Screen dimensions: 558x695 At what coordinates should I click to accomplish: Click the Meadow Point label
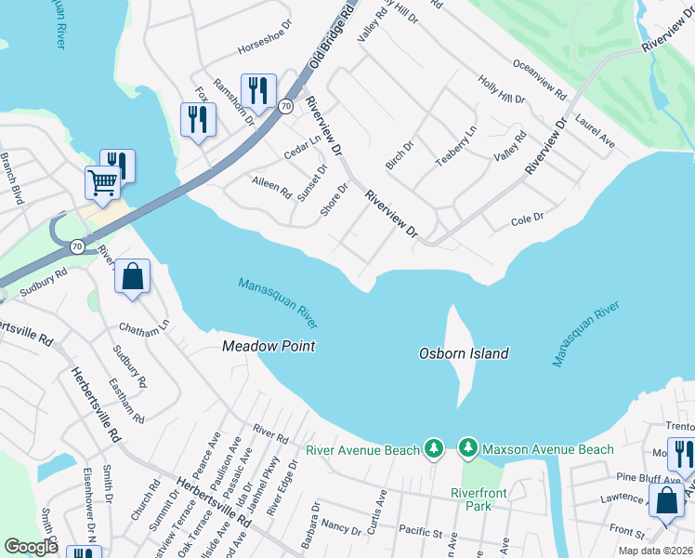tap(269, 346)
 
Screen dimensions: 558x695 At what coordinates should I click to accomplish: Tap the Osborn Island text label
tap(464, 353)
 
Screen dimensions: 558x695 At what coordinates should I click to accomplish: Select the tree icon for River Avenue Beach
tap(433, 449)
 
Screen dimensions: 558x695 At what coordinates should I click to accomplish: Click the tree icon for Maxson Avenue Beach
tap(468, 449)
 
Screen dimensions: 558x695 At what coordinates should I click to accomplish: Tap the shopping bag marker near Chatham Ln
tap(132, 275)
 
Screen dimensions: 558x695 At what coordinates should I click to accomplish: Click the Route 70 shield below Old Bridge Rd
tap(285, 107)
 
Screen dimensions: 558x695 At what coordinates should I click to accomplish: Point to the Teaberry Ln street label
tap(456, 147)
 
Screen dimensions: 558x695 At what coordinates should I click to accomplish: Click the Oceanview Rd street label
tap(539, 79)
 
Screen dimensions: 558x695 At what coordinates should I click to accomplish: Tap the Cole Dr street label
tap(527, 220)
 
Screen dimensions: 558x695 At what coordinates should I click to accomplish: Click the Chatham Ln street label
tap(144, 326)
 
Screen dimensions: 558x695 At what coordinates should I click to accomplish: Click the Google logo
tap(32, 547)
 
